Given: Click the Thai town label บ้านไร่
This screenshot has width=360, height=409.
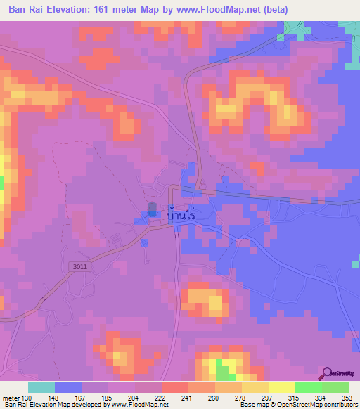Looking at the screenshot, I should (181, 216).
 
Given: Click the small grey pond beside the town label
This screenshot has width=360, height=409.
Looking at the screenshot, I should (153, 209).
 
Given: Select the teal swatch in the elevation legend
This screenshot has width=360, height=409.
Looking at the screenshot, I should (41, 387).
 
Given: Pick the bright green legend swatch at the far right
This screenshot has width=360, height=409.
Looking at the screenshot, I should (335, 387).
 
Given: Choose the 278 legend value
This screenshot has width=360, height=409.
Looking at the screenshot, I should (240, 397).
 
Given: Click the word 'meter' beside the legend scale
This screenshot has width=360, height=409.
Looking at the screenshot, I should (11, 397).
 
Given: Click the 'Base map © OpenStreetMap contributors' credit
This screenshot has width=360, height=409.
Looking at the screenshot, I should (297, 405).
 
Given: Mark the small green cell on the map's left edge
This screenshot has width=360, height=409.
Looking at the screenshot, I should (2, 182).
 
